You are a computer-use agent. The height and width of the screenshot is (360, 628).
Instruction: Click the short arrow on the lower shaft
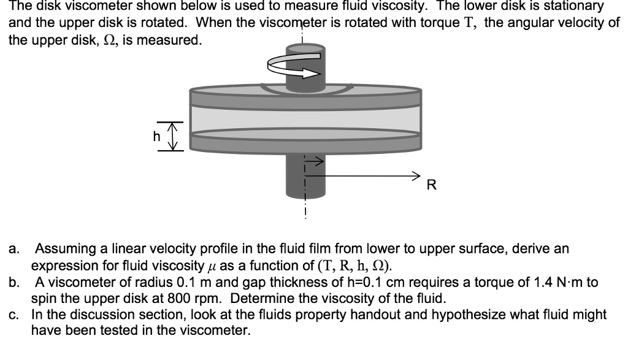pyautogui.click(x=313, y=162)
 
